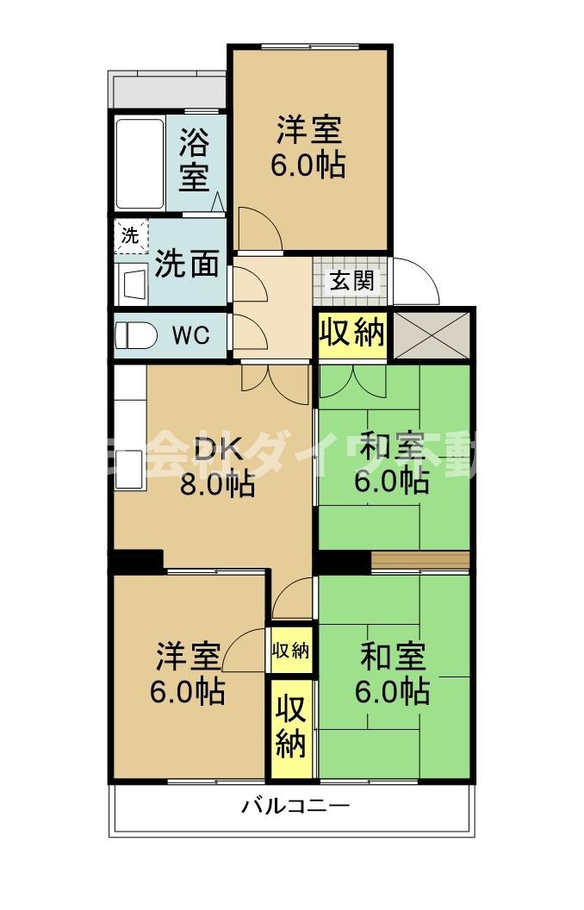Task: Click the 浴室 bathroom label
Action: tap(194, 161)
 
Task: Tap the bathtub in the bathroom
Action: tap(140, 164)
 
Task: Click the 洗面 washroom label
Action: tap(186, 265)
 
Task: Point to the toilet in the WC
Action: tap(135, 335)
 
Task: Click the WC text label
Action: tap(190, 336)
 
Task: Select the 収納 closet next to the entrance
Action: tap(351, 333)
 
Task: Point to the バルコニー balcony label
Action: tap(295, 807)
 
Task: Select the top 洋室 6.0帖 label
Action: tap(308, 146)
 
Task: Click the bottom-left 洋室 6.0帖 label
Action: tap(189, 673)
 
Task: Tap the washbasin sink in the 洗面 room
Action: tap(134, 283)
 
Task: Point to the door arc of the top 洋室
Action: tap(258, 228)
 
